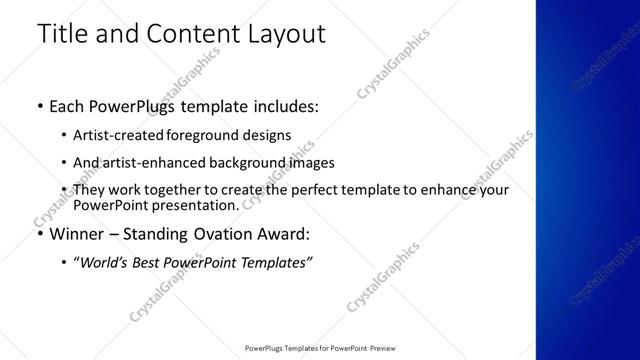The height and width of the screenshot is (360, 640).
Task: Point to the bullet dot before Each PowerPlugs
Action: coord(39,105)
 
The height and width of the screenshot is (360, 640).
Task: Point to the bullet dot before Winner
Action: coord(39,235)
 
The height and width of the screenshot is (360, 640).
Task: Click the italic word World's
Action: coord(104,263)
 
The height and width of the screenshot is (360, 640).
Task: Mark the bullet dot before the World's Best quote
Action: coord(65,263)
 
